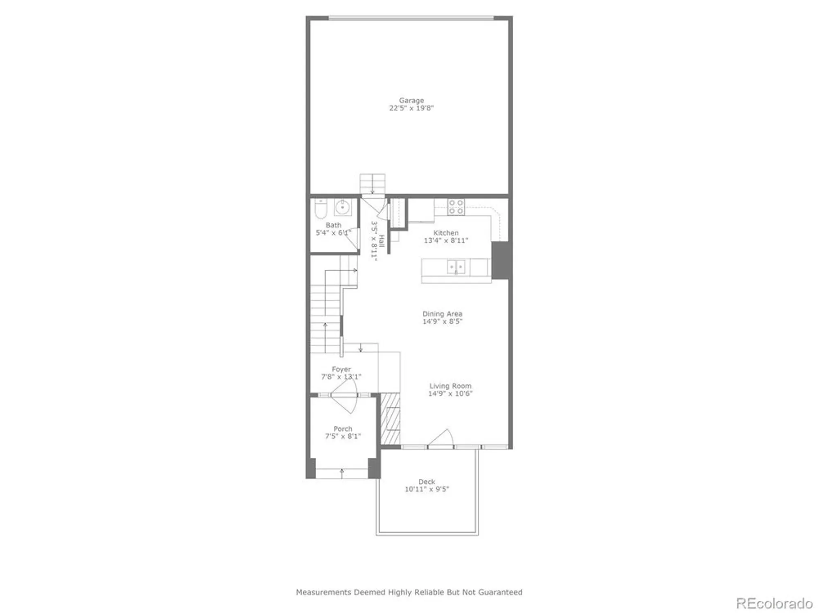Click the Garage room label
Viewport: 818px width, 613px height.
point(411,100)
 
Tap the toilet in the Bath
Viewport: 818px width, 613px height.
point(321,209)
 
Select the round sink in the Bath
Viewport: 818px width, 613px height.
point(343,207)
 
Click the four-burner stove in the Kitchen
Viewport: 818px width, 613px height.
point(456,207)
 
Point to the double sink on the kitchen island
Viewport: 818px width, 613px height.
point(456,267)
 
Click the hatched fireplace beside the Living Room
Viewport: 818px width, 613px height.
point(390,419)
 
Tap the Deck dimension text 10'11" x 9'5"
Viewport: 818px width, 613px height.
point(427,489)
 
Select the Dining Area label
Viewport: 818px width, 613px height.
point(442,314)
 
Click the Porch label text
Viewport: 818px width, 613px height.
point(343,429)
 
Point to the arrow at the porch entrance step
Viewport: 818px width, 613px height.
point(342,473)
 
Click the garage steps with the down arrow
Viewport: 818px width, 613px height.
point(372,184)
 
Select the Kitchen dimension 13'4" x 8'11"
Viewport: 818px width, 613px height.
point(446,240)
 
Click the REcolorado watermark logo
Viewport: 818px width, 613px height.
point(774,603)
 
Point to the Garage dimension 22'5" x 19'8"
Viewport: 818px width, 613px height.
point(411,108)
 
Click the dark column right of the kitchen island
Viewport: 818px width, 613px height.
point(501,261)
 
